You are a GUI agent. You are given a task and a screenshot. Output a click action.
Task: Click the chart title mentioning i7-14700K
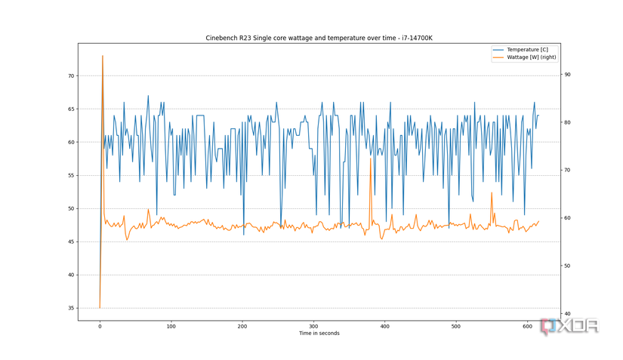pos(318,38)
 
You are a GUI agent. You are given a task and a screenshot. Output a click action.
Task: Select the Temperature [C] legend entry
pos(527,50)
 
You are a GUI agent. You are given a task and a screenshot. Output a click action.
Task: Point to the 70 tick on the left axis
pos(71,76)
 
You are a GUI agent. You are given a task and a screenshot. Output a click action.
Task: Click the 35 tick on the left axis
pos(71,308)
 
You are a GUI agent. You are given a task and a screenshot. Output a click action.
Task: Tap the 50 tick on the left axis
pos(71,208)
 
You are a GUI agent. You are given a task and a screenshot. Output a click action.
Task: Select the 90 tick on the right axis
pos(566,75)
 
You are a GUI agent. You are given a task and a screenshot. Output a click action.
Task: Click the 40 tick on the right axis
pos(566,314)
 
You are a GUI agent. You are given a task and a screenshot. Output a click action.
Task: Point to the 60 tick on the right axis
pos(566,218)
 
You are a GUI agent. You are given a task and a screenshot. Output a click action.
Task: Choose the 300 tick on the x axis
pos(313,326)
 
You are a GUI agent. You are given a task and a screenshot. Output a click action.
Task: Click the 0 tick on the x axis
pos(100,326)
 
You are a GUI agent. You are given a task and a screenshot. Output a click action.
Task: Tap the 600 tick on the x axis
pos(527,326)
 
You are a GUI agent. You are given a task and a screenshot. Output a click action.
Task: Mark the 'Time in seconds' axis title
pos(319,333)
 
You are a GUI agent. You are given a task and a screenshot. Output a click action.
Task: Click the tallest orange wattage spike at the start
pos(103,57)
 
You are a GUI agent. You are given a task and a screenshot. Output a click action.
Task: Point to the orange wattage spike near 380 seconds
pos(371,159)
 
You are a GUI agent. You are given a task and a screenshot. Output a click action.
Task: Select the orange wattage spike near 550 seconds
pos(492,194)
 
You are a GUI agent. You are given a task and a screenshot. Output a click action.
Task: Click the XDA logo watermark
pos(570,326)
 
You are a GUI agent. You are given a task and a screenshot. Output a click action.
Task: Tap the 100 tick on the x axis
pos(171,326)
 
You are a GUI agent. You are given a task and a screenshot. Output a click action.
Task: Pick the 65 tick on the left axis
pos(71,109)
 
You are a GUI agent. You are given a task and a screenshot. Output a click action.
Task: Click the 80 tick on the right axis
pos(566,122)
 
